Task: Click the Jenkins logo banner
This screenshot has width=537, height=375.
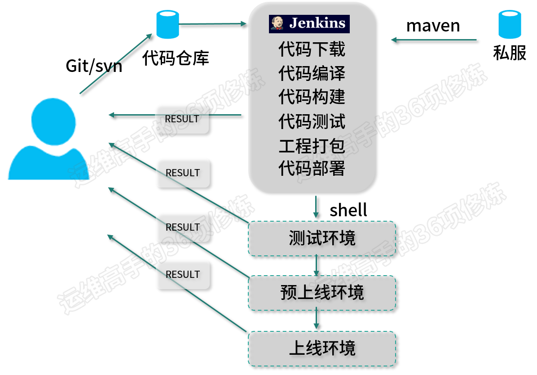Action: pyautogui.click(x=309, y=24)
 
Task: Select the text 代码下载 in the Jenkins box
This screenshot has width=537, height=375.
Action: pyautogui.click(x=312, y=49)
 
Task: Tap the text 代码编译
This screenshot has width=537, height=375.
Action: pyautogui.click(x=312, y=73)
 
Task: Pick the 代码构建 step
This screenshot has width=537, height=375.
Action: pyautogui.click(x=312, y=97)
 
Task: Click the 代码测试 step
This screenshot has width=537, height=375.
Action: pyautogui.click(x=312, y=122)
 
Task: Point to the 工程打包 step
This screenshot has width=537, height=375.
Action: pyautogui.click(x=312, y=146)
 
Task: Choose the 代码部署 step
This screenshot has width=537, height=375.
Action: pyautogui.click(x=312, y=169)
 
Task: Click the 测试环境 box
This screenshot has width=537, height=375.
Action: pyautogui.click(x=322, y=238)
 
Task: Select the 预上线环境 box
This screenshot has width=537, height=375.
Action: pyautogui.click(x=322, y=293)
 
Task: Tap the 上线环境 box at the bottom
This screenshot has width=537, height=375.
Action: pyautogui.click(x=322, y=348)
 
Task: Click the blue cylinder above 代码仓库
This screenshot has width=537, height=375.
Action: pyautogui.click(x=168, y=24)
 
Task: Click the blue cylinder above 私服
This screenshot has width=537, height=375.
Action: pyautogui.click(x=510, y=24)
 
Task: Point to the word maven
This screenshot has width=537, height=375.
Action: pyautogui.click(x=433, y=26)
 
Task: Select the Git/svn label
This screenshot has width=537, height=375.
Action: pyautogui.click(x=94, y=66)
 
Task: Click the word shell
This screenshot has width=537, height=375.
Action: pyautogui.click(x=348, y=210)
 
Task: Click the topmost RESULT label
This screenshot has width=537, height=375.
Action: pyautogui.click(x=182, y=119)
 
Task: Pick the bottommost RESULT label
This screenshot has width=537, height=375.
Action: pyautogui.click(x=183, y=274)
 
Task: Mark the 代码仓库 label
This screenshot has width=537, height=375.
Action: pyautogui.click(x=176, y=58)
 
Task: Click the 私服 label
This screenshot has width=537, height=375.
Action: pyautogui.click(x=510, y=53)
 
